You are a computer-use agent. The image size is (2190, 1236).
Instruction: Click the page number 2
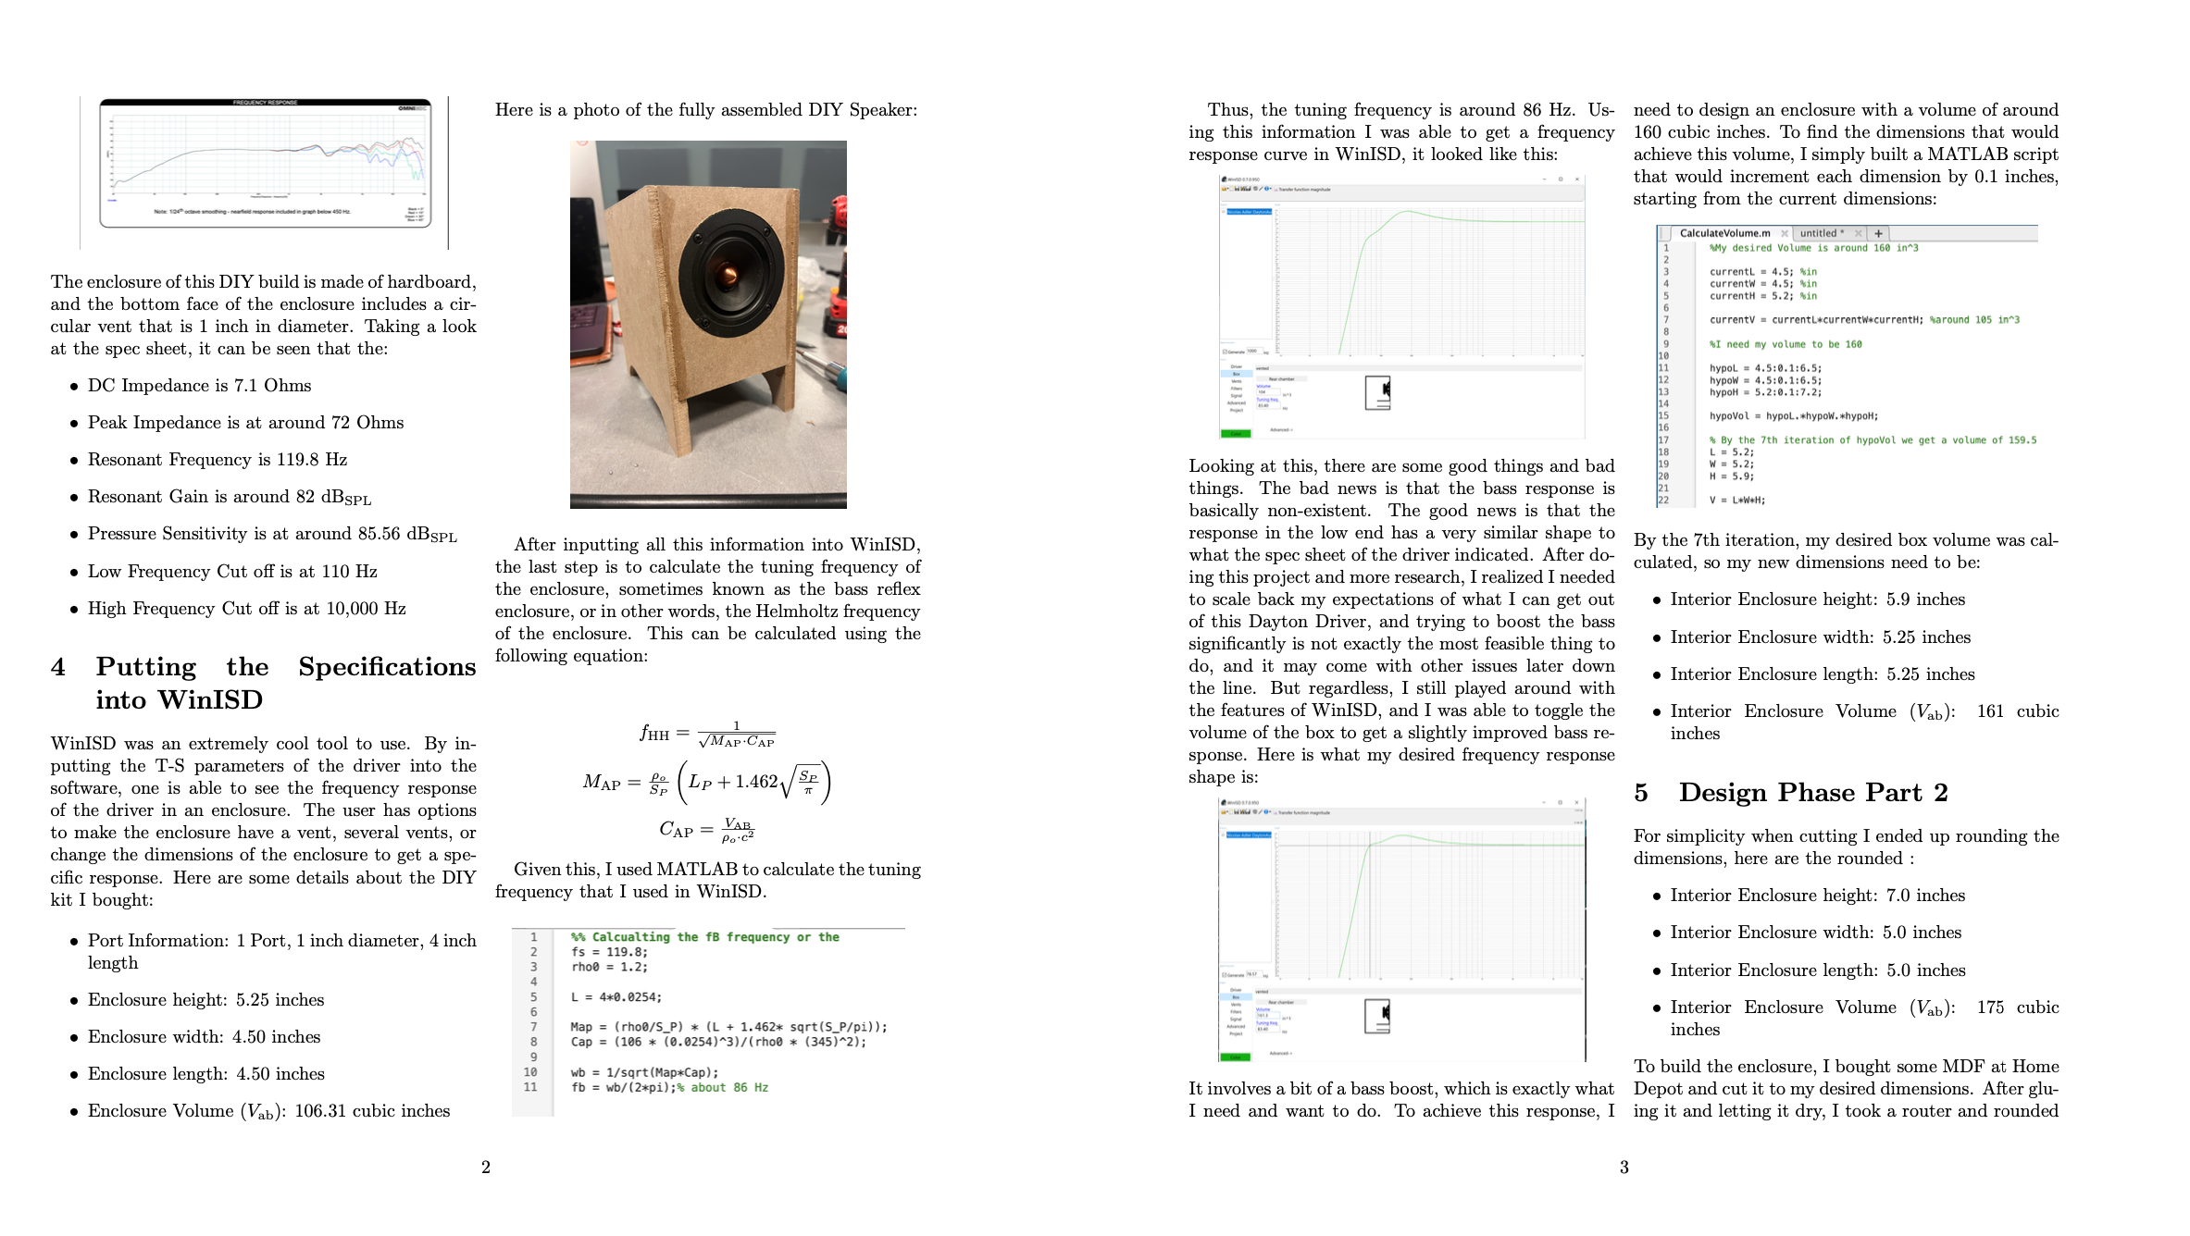pos(485,1168)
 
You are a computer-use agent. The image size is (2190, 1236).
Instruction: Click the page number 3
pos(1624,1168)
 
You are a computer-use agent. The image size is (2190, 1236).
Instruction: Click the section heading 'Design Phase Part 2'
pos(1812,793)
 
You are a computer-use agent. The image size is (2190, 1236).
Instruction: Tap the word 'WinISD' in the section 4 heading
pos(211,700)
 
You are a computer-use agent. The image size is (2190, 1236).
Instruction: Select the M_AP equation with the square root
pos(707,782)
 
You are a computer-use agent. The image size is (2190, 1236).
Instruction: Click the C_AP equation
pos(707,830)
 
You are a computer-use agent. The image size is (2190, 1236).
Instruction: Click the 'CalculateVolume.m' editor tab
pos(1724,233)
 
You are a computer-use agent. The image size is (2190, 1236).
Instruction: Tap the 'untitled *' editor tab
pos(1821,233)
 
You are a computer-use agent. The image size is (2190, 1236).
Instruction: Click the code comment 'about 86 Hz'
pos(728,1088)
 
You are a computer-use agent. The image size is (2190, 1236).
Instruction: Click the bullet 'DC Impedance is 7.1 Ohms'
pos(199,386)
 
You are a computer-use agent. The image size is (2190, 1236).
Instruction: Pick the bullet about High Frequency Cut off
pos(246,609)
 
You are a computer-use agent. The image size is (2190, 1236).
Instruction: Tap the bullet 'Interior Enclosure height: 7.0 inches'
pos(1817,896)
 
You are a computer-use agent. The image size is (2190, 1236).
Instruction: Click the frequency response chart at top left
pos(265,164)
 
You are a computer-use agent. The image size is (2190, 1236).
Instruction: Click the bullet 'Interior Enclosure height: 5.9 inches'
pos(1817,599)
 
